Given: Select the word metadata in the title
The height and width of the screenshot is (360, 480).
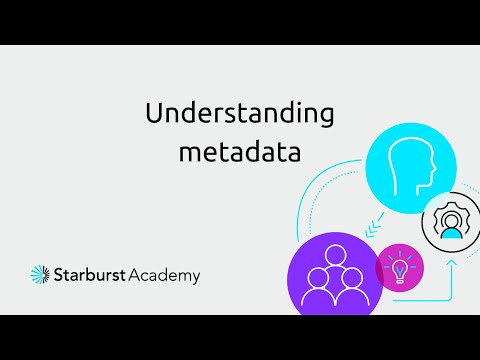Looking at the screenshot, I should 240,153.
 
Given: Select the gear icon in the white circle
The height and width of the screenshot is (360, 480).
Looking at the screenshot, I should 452,221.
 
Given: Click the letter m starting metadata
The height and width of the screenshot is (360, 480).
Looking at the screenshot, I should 189,155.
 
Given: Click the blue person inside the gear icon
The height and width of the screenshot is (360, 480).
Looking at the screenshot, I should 452,226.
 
